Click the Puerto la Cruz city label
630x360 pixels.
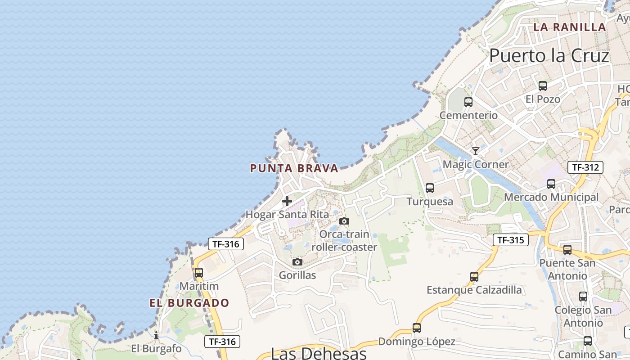click(549, 56)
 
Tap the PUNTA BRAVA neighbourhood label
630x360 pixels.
click(294, 168)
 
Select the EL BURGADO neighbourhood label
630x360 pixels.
click(189, 303)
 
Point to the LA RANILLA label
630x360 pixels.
click(569, 27)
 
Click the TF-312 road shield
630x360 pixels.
click(585, 167)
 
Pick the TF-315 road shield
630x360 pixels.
click(510, 240)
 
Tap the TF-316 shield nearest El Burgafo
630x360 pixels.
click(222, 342)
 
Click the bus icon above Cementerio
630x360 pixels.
click(468, 102)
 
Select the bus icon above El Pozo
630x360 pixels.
click(543, 86)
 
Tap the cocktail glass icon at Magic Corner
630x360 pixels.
click(475, 151)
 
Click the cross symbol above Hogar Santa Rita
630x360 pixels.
click(287, 201)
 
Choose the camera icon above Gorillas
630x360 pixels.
click(297, 262)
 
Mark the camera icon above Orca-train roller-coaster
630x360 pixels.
click(344, 221)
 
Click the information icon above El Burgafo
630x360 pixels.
click(156, 335)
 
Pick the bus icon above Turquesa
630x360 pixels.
click(430, 188)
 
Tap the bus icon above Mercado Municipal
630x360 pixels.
click(551, 184)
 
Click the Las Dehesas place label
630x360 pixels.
click(319, 353)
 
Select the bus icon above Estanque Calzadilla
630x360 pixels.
click(474, 277)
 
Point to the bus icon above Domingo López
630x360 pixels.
click(417, 328)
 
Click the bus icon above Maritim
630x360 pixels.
click(199, 273)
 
